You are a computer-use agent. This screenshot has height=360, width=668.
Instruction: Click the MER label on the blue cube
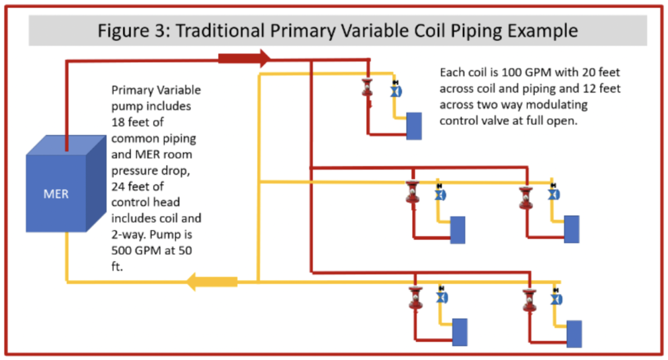click(x=56, y=195)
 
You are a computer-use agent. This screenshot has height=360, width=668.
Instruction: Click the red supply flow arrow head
click(x=264, y=58)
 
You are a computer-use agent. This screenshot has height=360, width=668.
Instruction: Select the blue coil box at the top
click(x=414, y=126)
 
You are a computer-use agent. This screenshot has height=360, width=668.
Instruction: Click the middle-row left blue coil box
click(x=458, y=229)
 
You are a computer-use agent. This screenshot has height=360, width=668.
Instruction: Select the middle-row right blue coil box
click(x=571, y=229)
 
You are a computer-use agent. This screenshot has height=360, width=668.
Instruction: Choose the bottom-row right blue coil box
click(x=573, y=334)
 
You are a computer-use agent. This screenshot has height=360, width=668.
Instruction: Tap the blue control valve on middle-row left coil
click(x=440, y=195)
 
